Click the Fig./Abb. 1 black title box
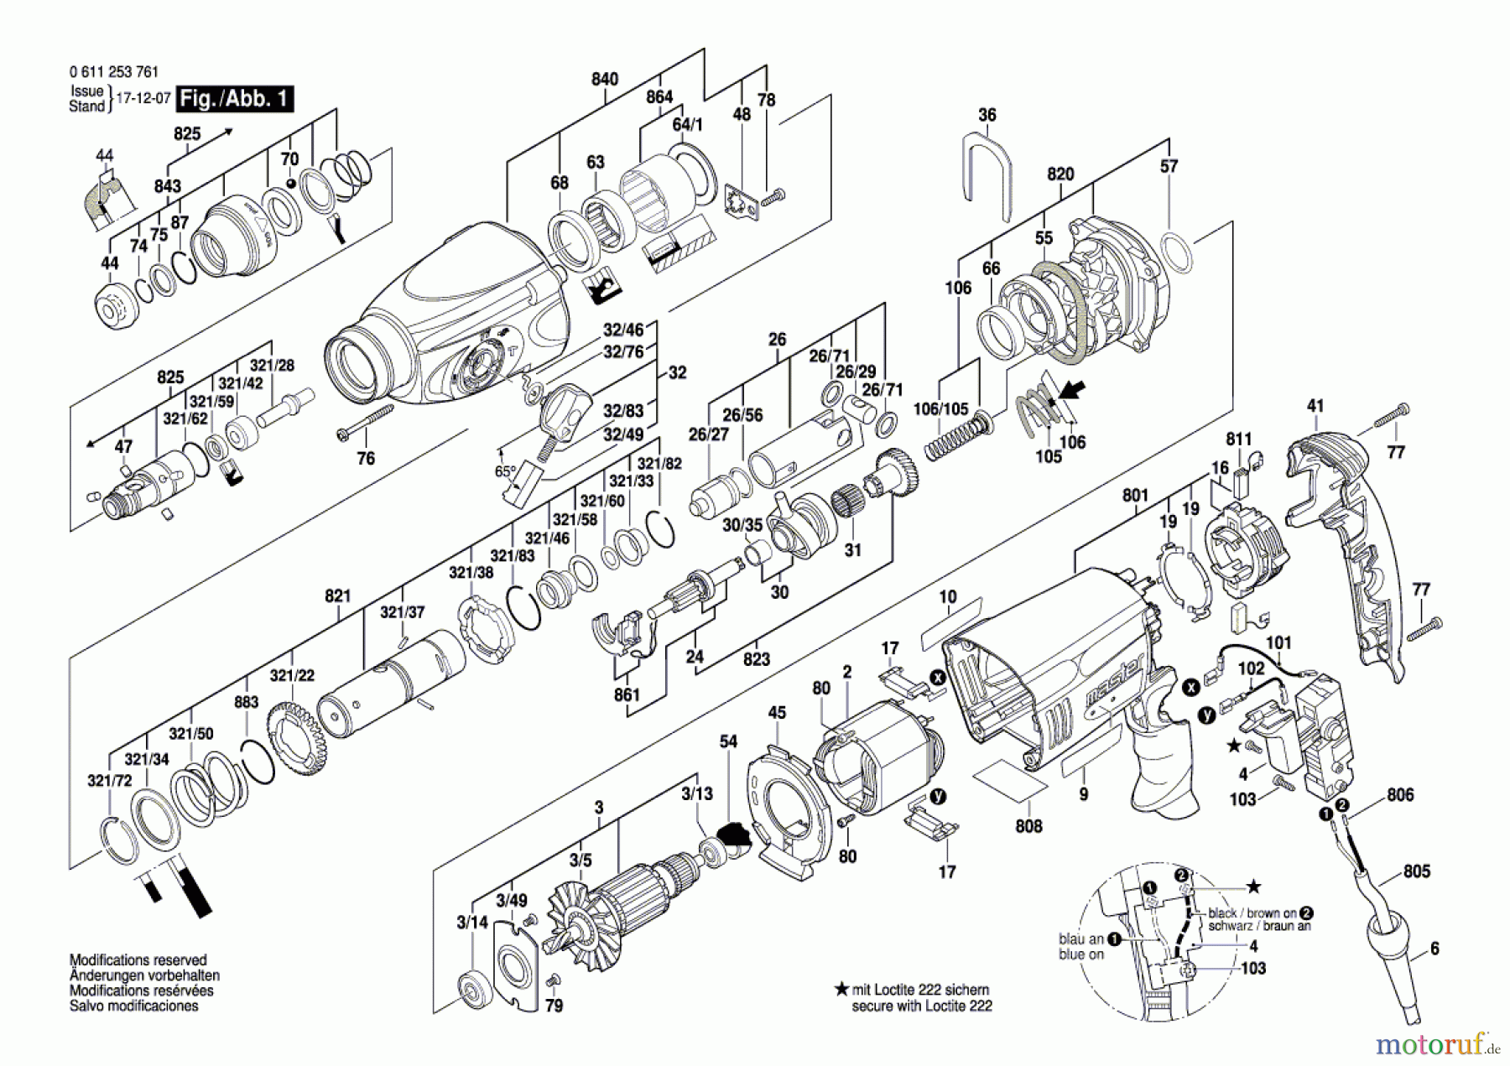pos(235,99)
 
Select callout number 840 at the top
pos(604,79)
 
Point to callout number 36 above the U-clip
pos(987,115)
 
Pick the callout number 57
pos(1169,166)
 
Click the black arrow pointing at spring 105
pos(1070,389)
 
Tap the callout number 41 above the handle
pos(1315,406)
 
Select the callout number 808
pos(1028,826)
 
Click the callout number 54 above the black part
pos(728,741)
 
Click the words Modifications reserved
pos(138,960)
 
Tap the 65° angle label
pos(505,471)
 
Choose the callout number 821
pos(337,595)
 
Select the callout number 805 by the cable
pos(1416,871)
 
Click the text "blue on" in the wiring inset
pos(1081,954)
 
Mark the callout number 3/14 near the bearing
pos(472,923)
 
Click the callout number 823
pos(756,659)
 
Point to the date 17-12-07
pos(143,98)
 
